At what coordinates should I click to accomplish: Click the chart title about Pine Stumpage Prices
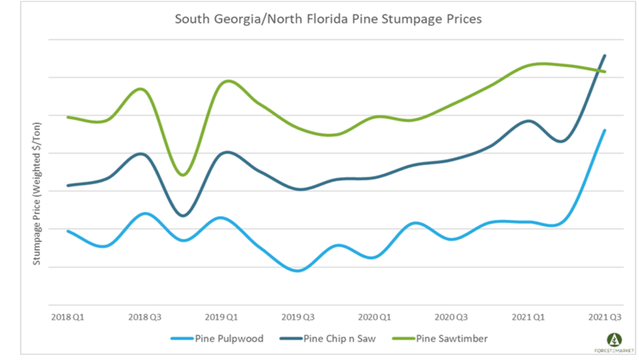coord(328,19)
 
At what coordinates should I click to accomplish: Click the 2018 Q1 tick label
coord(68,317)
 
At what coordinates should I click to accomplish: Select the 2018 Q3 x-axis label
coord(145,317)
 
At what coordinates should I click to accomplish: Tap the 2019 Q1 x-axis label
coord(221,317)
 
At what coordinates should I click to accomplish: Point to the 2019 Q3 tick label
coord(298,317)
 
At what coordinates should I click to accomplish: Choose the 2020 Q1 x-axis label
coord(375,317)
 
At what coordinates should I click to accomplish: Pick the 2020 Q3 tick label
coord(451,317)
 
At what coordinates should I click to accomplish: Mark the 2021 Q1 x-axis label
coord(528,317)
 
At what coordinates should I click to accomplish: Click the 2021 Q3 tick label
coord(605,317)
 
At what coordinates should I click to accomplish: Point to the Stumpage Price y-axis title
coord(37,193)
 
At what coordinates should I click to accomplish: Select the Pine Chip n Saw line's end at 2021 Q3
coord(605,56)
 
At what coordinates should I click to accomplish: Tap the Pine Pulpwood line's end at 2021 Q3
coord(605,130)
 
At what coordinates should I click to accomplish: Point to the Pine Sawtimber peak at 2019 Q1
coord(228,81)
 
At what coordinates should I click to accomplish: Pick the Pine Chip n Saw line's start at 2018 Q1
coord(68,185)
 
